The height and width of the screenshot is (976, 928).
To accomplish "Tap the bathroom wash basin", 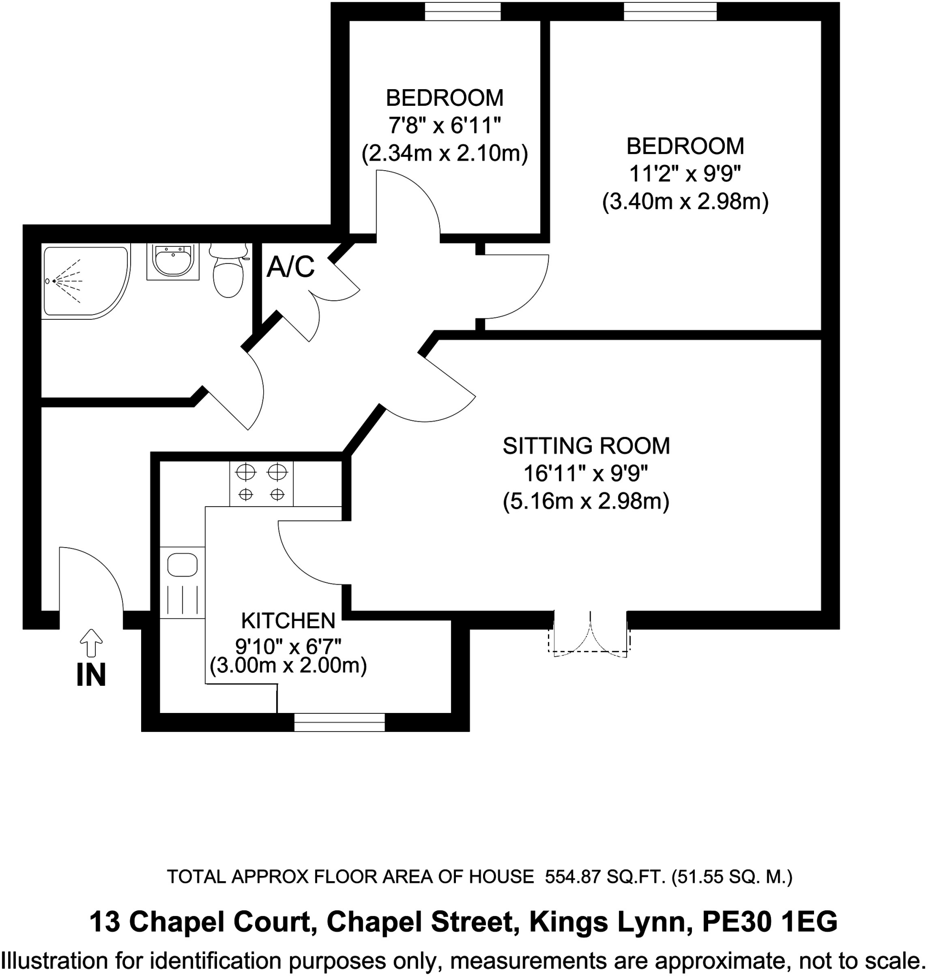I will pos(173,262).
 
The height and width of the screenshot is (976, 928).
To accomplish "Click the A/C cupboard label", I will pos(290,267).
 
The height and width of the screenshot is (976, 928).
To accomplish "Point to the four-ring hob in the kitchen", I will pos(261,483).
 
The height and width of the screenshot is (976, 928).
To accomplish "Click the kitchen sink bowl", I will pos(183,565).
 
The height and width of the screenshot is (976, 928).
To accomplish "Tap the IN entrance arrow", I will pos(91,643).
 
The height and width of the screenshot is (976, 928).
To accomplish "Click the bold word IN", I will pos(91,675).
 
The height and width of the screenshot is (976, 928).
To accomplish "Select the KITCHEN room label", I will pos(288,620).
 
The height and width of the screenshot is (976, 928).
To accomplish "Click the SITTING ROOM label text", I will pos(586,446).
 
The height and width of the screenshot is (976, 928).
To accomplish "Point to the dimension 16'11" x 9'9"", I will pos(586,474).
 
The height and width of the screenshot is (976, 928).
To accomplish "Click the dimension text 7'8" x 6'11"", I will pos(444,126).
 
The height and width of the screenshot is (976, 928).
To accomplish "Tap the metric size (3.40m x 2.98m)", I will pos(685,202).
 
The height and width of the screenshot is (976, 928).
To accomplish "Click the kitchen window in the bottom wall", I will pos(340,722).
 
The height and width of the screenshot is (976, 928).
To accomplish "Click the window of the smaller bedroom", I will pos(463,11).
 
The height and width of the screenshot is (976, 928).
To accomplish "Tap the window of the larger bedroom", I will pos(670,11).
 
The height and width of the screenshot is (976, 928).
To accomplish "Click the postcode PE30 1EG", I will pos(770,922).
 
